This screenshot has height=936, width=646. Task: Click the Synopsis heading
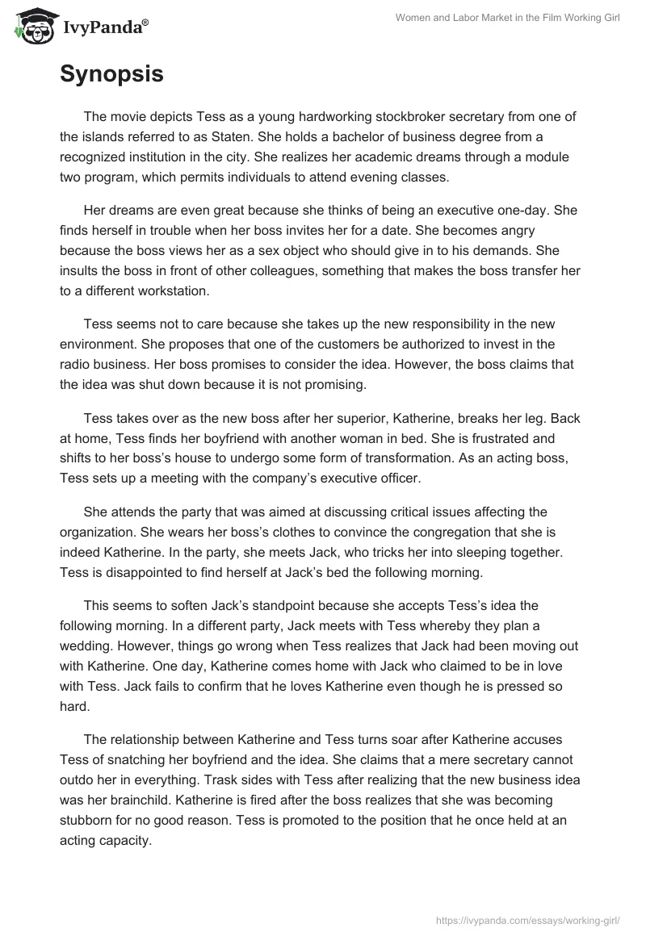coord(111,74)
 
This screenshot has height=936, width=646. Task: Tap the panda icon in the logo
coord(31,27)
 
